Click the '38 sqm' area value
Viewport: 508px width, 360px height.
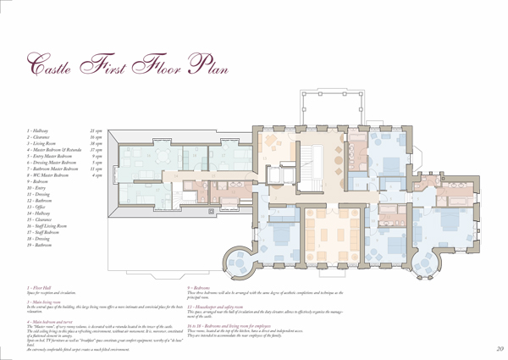[97, 144]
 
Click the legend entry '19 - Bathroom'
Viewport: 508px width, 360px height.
[42, 246]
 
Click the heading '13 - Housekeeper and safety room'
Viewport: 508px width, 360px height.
[222, 306]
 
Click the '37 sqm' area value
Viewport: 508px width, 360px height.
[97, 150]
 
